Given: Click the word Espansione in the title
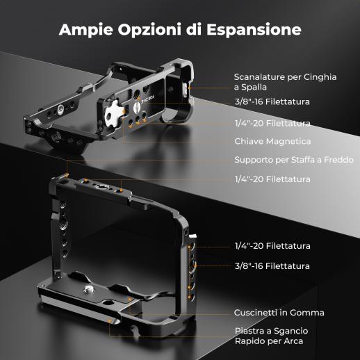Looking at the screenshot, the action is (254, 29).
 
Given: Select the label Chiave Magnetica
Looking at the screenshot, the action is (272, 141).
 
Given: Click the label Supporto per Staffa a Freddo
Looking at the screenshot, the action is (294, 160).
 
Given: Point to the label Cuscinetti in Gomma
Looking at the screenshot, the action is (279, 313).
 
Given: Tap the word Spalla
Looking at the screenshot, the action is (254, 88).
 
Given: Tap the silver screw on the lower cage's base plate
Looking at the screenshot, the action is (88, 289).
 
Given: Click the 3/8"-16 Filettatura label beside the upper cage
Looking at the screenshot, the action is (272, 101).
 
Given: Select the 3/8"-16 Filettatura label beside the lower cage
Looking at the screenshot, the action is (272, 266).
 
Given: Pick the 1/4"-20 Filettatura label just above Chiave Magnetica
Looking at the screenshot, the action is (272, 123).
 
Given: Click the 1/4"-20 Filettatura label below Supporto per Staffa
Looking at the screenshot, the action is (272, 179).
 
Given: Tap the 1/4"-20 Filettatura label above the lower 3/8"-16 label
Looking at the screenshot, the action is (272, 246).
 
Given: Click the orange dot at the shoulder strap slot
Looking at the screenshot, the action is (189, 88).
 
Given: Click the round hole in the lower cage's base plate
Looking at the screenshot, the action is (107, 302).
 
